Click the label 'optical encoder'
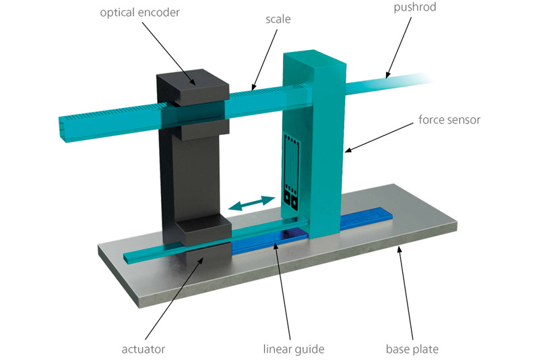pos(139,13)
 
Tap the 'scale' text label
pos(278,19)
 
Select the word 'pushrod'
pos(414,7)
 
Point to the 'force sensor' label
pos(449,119)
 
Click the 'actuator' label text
pos(144,349)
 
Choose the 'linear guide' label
pos(294,349)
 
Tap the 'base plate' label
pos(412,349)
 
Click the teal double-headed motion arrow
pos(251,203)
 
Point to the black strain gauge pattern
pos(292,172)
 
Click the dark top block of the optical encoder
pos(193,88)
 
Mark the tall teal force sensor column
pos(313,144)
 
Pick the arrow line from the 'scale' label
pos(264,59)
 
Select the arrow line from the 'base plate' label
pos(405,294)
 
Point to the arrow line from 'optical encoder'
pos(168,53)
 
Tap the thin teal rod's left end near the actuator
pos(126,258)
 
